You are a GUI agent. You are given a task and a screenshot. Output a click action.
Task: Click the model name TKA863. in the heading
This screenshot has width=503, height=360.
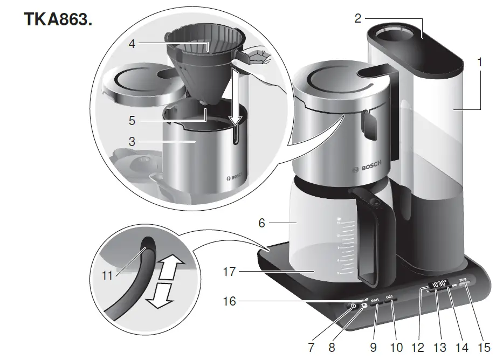58,20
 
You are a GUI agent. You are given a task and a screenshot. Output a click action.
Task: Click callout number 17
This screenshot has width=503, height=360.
230,272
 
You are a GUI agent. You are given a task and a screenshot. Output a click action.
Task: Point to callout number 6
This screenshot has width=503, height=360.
261,222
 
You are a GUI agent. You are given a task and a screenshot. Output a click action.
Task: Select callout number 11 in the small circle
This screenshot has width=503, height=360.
107,275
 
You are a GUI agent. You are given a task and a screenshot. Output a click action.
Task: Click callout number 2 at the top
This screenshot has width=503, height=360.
358,18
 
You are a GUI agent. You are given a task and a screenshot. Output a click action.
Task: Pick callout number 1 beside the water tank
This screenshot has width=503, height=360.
479,63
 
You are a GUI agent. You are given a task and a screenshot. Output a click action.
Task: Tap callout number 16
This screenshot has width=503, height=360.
230,301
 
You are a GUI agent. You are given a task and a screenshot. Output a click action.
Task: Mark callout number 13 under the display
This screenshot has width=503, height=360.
442,344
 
